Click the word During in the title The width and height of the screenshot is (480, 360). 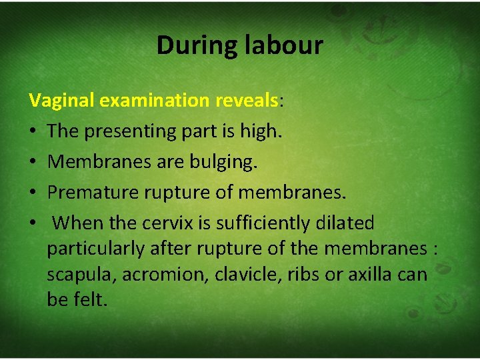(x=190, y=45)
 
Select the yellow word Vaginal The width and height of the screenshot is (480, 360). (x=61, y=101)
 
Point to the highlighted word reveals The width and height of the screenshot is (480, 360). (x=247, y=101)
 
